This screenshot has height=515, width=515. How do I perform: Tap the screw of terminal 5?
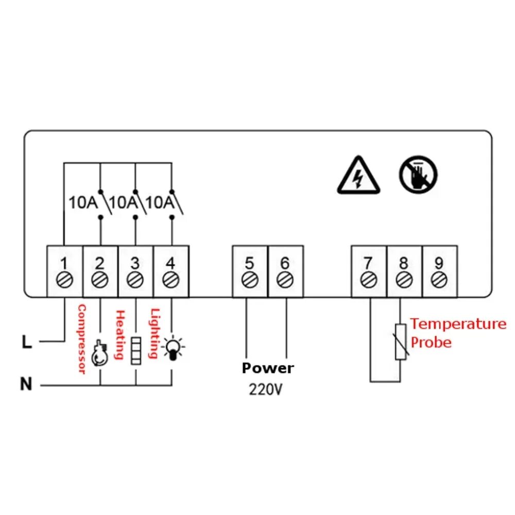point(250,280)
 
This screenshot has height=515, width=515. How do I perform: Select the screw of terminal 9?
point(439,280)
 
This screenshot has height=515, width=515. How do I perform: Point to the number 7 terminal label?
point(368,263)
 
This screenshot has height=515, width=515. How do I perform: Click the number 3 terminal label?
point(135,263)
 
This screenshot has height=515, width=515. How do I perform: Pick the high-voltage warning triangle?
point(359,177)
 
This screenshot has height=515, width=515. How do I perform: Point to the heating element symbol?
point(136,351)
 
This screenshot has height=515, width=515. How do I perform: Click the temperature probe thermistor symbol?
point(401,342)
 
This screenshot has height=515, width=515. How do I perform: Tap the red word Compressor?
point(81,339)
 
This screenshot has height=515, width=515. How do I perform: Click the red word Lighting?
point(153,333)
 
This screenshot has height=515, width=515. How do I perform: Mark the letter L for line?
point(27,341)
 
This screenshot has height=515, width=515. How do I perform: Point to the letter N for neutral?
point(26,384)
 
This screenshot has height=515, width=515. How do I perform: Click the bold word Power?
point(268,368)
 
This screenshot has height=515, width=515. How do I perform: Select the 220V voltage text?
point(265,389)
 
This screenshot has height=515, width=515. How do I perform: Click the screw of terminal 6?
point(285,280)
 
